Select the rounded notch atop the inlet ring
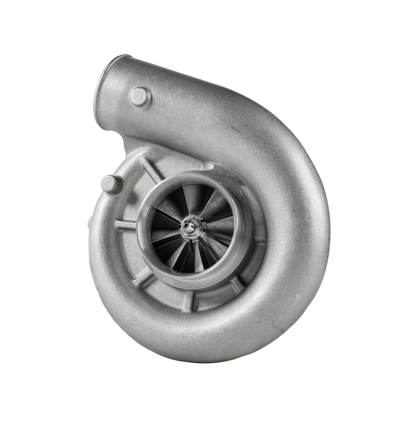point(208,166)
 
